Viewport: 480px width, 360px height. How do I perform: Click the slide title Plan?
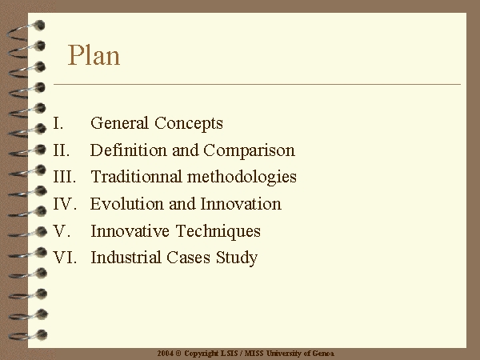[94, 55]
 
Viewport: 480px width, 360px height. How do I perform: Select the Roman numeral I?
[58, 123]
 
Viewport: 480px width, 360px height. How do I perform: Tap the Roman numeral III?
[65, 177]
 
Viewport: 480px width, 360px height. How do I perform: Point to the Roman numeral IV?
[65, 203]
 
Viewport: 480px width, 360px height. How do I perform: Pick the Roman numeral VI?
[65, 257]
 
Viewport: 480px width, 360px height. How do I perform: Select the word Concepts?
[189, 124]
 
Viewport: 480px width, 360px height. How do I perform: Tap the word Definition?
[128, 150]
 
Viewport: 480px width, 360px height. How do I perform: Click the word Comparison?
[249, 151]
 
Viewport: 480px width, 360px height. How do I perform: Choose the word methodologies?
[242, 178]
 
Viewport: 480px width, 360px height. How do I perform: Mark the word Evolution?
[126, 203]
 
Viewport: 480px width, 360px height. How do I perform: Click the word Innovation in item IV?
[241, 203]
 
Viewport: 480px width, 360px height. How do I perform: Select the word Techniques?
[218, 231]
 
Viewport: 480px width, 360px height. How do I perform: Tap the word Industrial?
[126, 257]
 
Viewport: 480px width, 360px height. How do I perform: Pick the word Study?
[237, 258]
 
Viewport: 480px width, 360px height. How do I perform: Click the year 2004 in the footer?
[166, 354]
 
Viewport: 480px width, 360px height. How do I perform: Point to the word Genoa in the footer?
[323, 354]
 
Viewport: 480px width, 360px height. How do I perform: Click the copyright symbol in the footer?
[178, 354]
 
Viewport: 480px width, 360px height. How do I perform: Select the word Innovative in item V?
[130, 230]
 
